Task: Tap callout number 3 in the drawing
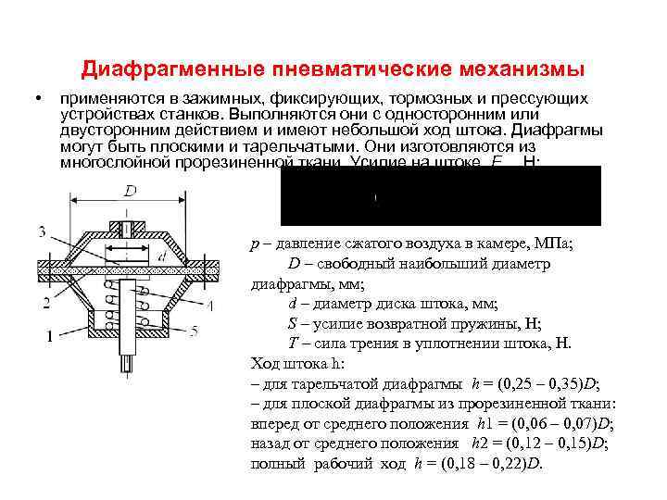click(x=43, y=230)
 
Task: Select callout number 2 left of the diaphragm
click(x=45, y=303)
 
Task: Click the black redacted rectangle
click(x=440, y=195)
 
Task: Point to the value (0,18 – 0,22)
click(x=479, y=462)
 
